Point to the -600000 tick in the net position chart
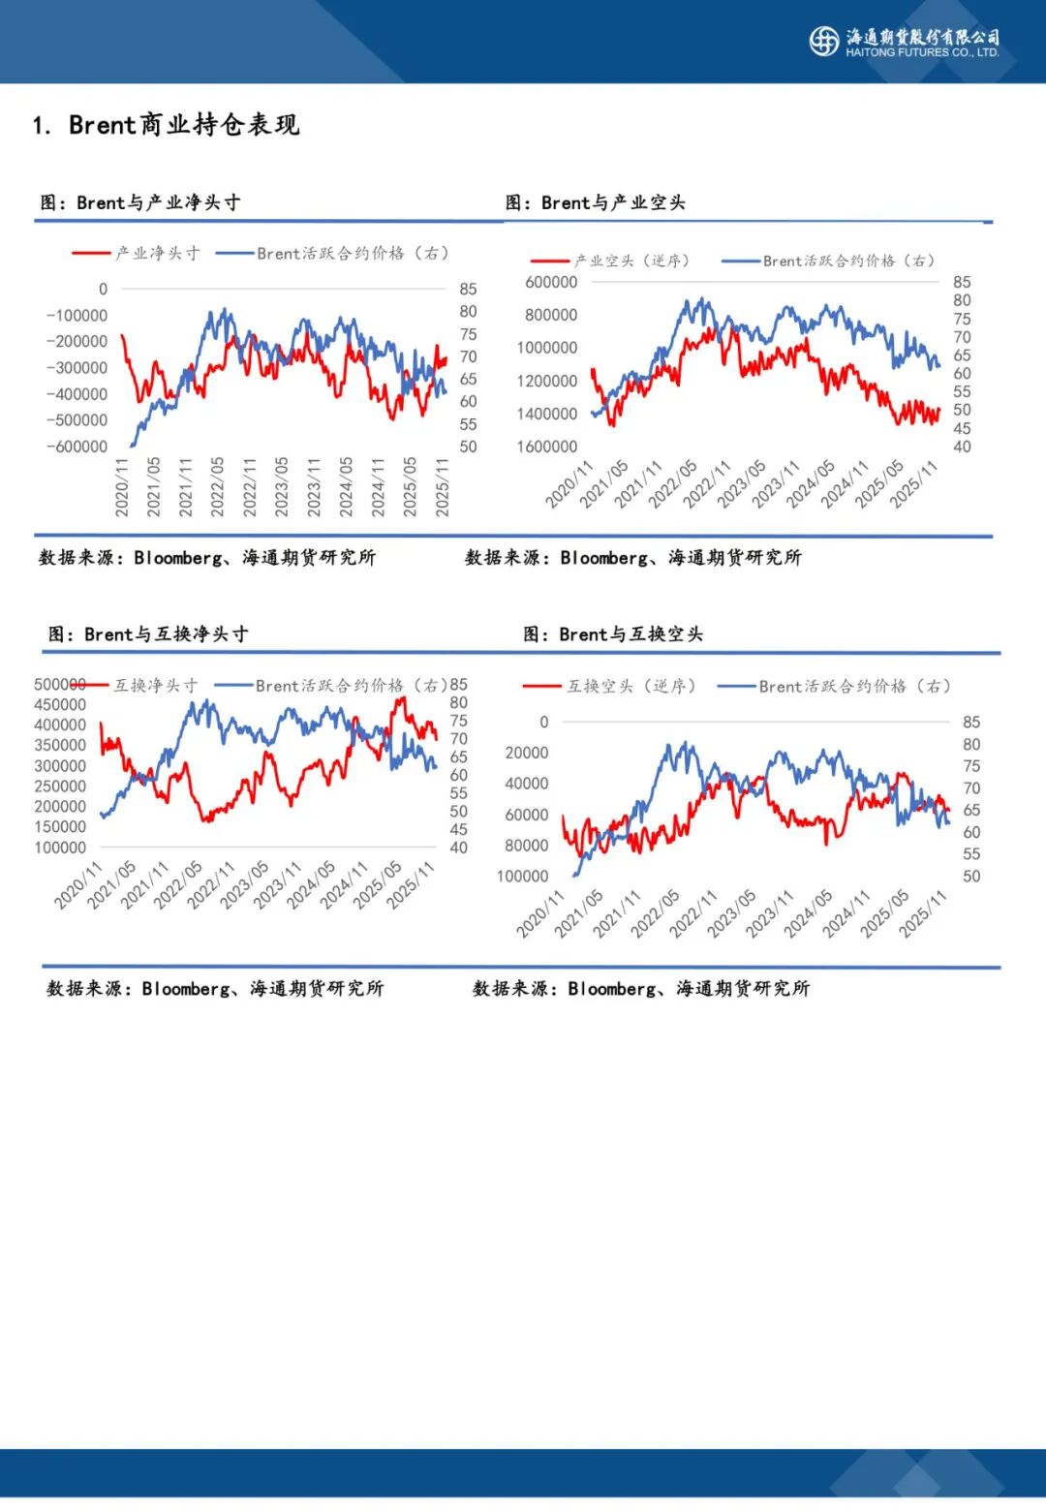[x=77, y=447]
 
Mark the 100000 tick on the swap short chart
[x=522, y=876]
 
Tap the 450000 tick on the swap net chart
[x=60, y=704]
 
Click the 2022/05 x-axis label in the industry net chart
[x=217, y=486]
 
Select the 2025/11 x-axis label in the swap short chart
[x=921, y=914]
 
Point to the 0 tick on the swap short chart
[x=543, y=722]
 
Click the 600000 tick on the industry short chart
[x=550, y=282]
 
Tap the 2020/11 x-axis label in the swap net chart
[x=77, y=886]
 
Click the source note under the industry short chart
[x=632, y=557]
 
